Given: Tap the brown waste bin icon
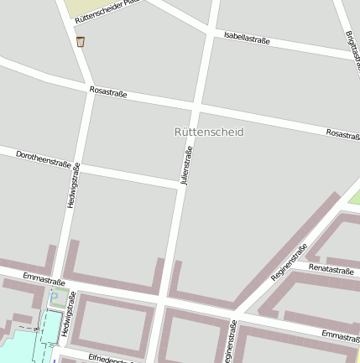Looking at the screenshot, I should pyautogui.click(x=81, y=41).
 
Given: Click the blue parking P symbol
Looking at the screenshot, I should pyautogui.click(x=55, y=297).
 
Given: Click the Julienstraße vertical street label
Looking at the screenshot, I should pyautogui.click(x=187, y=165).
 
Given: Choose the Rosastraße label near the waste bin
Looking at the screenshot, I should pyautogui.click(x=107, y=93).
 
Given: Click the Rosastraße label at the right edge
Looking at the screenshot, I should pyautogui.click(x=342, y=134).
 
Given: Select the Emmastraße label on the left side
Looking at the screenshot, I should pyautogui.click(x=44, y=277).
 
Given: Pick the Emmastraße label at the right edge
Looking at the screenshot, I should pyautogui.click(x=341, y=335).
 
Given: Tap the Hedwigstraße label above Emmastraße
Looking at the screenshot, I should pyautogui.click(x=73, y=185).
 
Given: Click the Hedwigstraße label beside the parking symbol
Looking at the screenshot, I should pyautogui.click(x=69, y=314).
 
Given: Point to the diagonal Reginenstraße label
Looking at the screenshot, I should pyautogui.click(x=290, y=261).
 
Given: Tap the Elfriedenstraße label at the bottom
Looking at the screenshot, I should pyautogui.click(x=109, y=360).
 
